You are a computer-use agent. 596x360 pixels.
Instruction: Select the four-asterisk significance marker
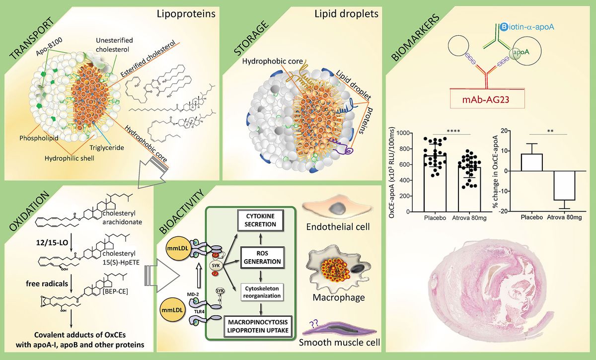[452, 131]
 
